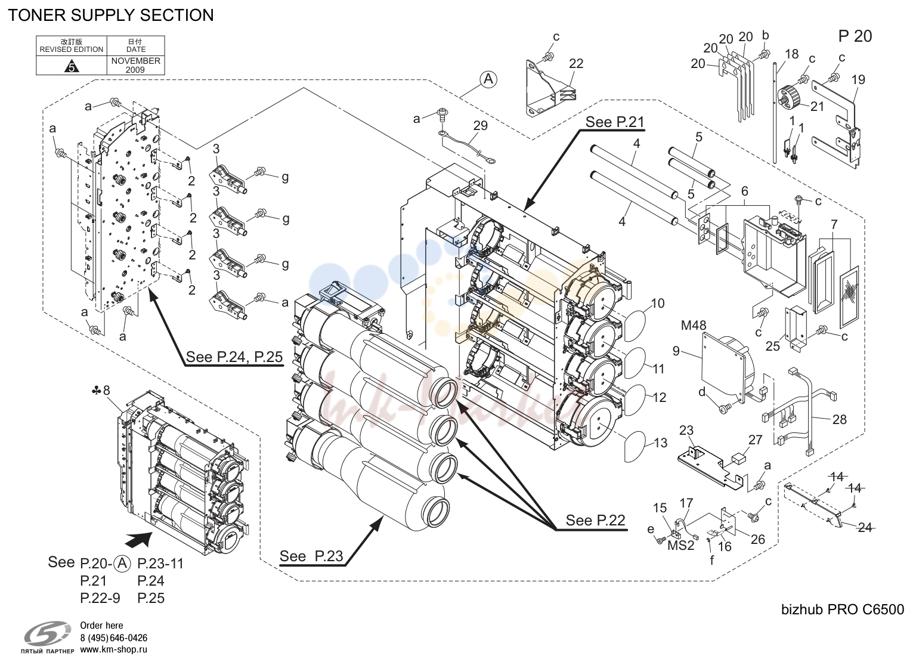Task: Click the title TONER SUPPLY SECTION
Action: coord(111,15)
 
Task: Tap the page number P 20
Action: coord(855,36)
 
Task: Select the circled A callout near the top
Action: coord(488,79)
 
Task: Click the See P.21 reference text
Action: coord(615,122)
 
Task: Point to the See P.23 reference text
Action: coord(311,556)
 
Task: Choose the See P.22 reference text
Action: coord(595,520)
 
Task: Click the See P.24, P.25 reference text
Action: coord(234,357)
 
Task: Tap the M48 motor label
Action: coord(694,326)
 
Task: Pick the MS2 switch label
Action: coord(681,546)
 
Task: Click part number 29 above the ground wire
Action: coord(481,125)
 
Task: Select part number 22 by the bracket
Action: coord(575,63)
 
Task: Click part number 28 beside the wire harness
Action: coord(840,419)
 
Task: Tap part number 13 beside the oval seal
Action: coord(660,443)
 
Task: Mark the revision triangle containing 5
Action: coord(72,66)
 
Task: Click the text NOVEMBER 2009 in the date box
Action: coord(136,65)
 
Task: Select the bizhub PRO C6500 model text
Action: coord(843,610)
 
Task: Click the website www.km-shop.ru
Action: coord(114,649)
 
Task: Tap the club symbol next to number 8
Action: coord(96,391)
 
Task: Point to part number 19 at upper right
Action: coord(858,80)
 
